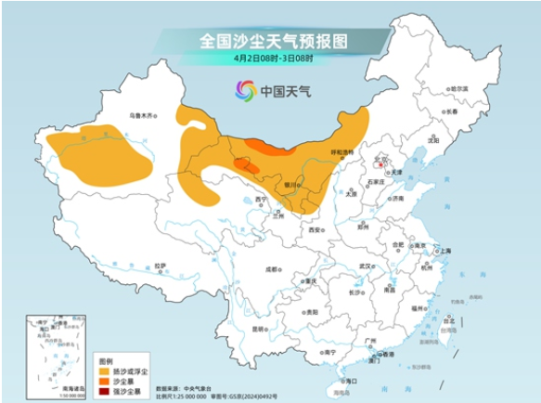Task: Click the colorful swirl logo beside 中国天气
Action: point(245,91)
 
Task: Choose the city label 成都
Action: point(269,268)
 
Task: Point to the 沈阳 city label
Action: point(433,140)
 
